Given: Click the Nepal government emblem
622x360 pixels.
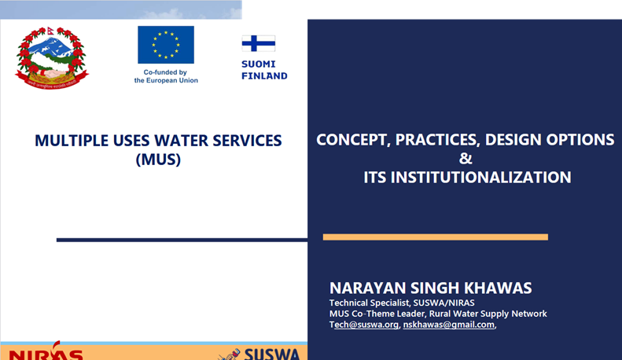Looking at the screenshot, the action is [52, 58].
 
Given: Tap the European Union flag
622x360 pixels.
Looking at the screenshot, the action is [166, 45].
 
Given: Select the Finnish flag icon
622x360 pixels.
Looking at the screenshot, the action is [258, 43].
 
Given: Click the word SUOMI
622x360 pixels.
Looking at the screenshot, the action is [258, 64].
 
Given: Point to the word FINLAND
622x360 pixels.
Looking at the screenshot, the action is [264, 76].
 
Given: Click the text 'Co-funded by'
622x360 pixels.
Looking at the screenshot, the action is [165, 72].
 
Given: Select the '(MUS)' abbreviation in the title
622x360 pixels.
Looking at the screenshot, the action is [158, 160].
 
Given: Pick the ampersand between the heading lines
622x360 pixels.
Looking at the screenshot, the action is [466, 159].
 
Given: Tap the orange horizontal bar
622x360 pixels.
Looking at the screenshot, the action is [436, 237].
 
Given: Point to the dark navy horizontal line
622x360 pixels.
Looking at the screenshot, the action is [182, 240].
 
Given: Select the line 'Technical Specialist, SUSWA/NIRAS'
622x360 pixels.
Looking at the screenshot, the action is [402, 303].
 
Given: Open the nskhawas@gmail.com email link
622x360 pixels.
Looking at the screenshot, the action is [449, 325].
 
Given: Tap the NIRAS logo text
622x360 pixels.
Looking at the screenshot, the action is [46, 353].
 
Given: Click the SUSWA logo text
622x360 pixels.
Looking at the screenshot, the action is [272, 354].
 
